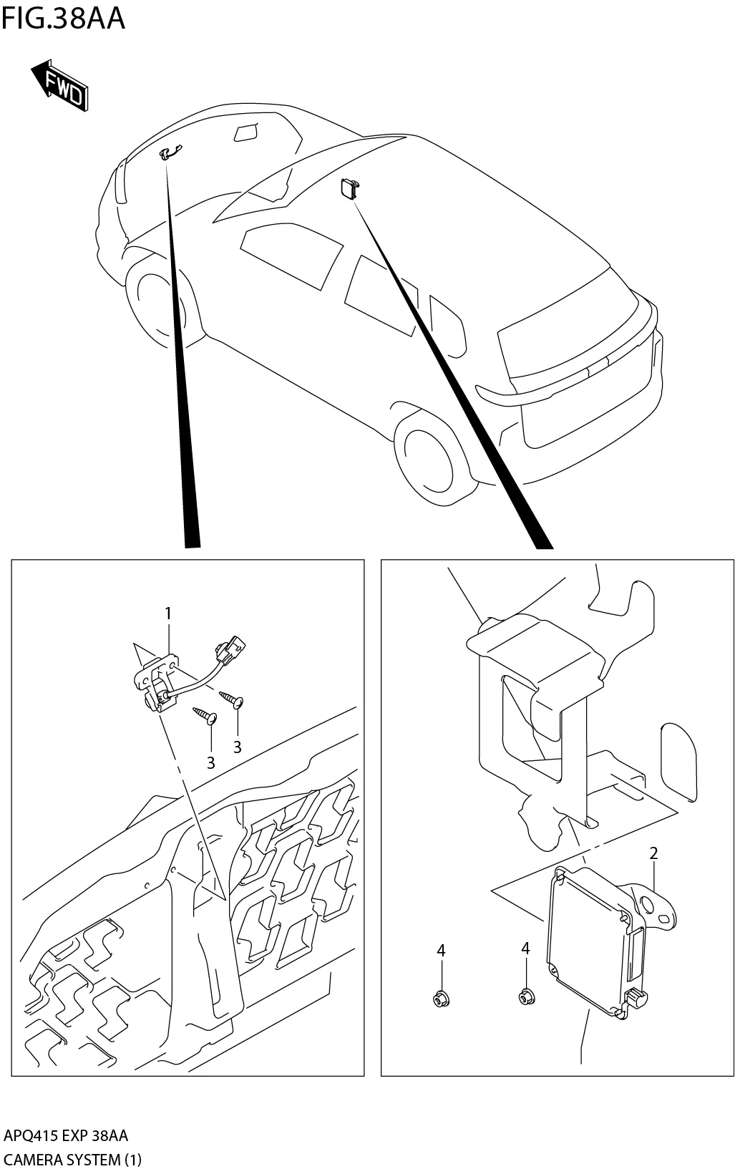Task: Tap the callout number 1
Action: [168, 613]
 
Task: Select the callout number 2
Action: [653, 853]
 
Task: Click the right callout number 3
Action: [237, 747]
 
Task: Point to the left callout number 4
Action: [441, 950]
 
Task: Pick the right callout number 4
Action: [525, 948]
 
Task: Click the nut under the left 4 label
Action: [440, 997]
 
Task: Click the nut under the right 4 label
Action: [526, 995]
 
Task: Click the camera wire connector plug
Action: [230, 648]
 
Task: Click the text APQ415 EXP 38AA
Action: [67, 1136]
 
